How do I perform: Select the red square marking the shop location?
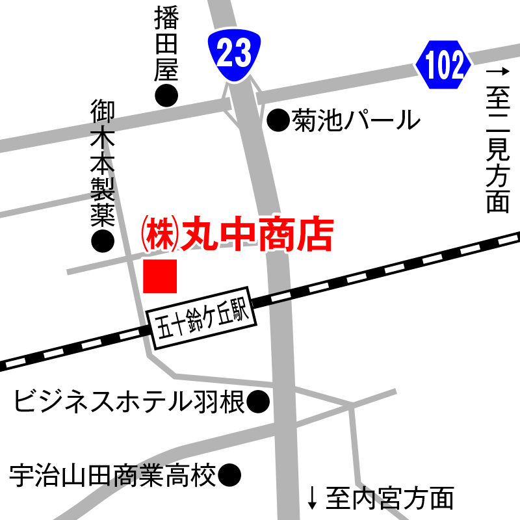click(x=160, y=276)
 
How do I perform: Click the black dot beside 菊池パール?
click(x=278, y=119)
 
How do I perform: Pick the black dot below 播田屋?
click(x=166, y=96)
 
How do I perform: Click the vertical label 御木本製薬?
click(x=103, y=162)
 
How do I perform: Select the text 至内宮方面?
click(x=389, y=499)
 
